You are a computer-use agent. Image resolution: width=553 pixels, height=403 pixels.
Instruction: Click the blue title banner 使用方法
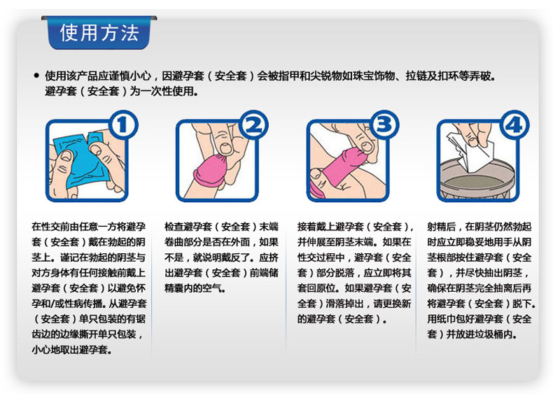(99, 33)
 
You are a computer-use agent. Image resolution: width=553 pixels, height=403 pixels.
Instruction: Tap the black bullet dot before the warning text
(36, 76)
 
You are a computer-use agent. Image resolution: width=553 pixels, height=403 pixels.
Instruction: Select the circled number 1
(122, 125)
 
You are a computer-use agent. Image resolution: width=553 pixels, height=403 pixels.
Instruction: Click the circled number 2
(253, 125)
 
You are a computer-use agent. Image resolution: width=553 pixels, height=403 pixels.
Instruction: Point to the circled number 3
(384, 125)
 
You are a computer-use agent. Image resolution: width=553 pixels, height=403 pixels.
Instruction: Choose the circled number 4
(514, 125)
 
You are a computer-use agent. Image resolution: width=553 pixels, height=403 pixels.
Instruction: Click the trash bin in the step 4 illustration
(478, 180)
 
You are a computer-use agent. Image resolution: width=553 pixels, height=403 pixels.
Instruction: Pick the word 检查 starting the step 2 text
(174, 227)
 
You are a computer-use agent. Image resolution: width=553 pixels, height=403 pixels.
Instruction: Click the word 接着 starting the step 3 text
(307, 227)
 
